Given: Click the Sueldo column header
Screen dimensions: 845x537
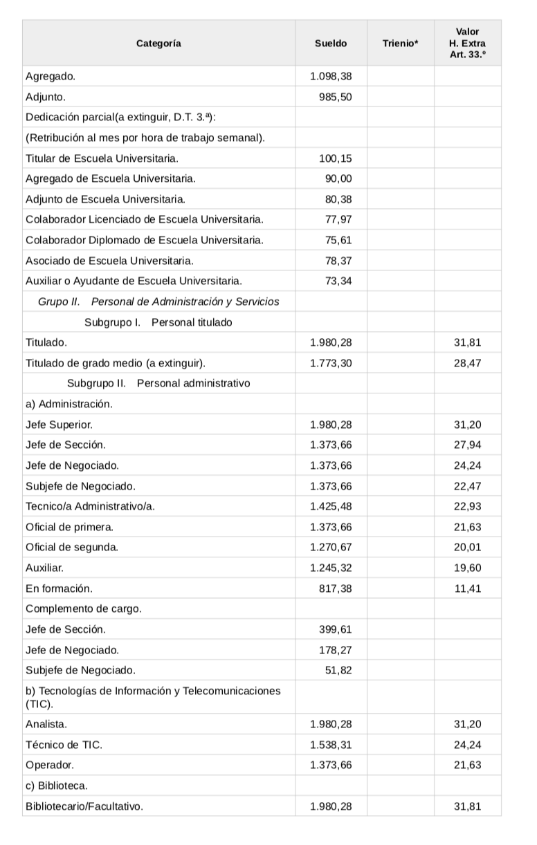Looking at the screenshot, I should (331, 43).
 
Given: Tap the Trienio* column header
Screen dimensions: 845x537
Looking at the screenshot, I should (400, 43).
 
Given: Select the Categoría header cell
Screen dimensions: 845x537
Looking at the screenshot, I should (158, 43).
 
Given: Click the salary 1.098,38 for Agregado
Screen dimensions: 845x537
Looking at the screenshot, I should (331, 76).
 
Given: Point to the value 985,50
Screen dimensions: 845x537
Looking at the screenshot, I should (336, 97).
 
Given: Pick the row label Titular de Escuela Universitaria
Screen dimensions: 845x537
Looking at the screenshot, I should (102, 158).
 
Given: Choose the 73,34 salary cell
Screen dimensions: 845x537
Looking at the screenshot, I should (338, 281).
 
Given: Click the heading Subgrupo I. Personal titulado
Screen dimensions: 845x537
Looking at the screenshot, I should (158, 322).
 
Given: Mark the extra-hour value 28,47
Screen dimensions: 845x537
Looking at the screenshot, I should (468, 362).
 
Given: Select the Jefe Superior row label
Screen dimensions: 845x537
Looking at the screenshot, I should (59, 424).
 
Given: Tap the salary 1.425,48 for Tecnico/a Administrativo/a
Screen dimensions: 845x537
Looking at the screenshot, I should (331, 506).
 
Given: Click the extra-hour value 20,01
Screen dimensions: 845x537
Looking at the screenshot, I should (468, 547).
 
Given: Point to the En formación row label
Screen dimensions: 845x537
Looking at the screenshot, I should (59, 588).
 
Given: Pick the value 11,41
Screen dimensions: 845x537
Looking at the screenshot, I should (468, 588).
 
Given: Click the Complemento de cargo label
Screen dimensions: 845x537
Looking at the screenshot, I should (83, 609).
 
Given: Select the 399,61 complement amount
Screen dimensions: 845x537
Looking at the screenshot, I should (336, 629).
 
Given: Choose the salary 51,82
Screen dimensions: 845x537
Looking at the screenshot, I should (338, 670).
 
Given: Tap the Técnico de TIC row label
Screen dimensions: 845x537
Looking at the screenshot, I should (64, 745).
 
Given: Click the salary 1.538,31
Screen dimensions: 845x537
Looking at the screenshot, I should (331, 745).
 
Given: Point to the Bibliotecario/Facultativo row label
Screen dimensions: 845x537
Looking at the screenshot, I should (84, 806).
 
